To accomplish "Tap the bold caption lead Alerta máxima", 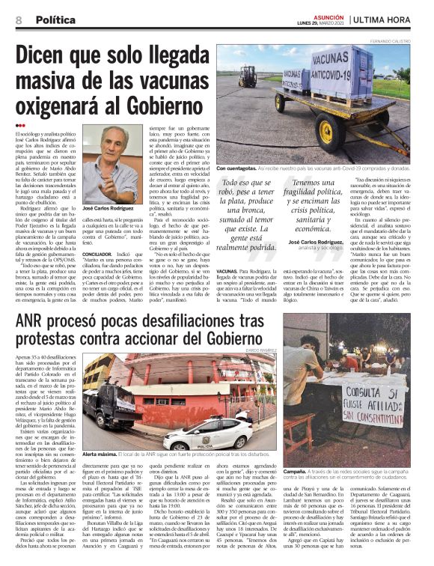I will pyautogui.click(x=100, y=454).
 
